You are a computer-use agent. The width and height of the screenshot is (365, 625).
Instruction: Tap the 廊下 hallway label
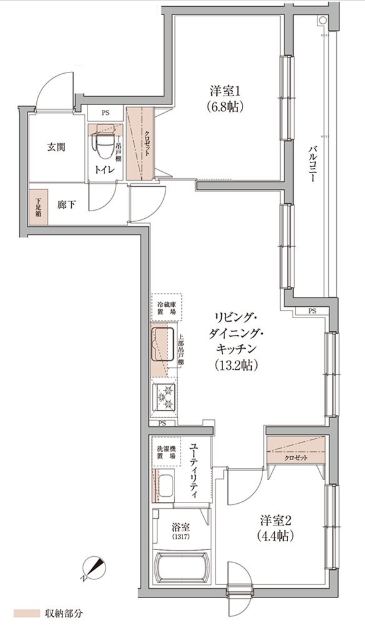(67, 203)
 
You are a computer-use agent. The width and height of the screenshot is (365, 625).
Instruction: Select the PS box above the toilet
(105, 113)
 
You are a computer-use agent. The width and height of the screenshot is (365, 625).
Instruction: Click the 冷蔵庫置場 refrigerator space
(166, 307)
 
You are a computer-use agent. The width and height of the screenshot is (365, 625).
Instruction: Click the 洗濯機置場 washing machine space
(166, 452)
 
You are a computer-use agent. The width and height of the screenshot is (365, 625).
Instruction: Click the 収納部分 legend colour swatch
(27, 612)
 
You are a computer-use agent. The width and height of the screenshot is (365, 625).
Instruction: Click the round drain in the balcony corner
(322, 21)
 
